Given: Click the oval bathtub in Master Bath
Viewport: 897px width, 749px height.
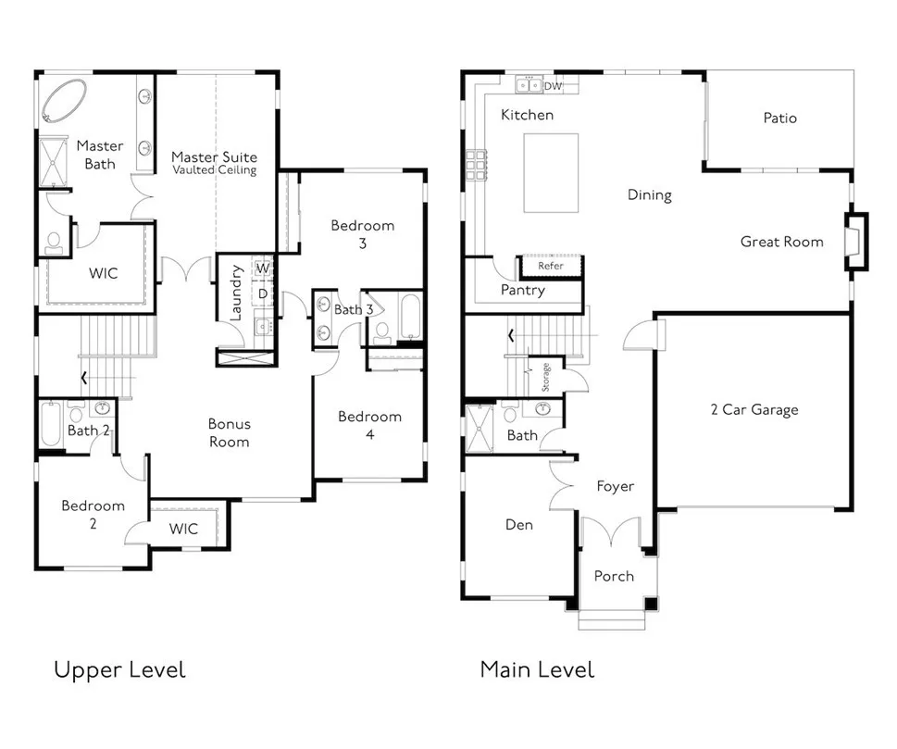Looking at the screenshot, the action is point(64,101).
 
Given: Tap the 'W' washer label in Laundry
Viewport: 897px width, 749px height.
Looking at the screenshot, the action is point(263,268).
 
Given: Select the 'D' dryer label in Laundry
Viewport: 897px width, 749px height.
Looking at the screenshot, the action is point(263,293).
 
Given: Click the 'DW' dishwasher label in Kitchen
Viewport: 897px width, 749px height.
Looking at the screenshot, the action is point(553,86).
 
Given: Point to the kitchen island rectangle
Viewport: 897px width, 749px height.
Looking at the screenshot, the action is point(551,173).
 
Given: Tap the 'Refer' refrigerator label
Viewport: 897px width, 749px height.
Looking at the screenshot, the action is point(551,266).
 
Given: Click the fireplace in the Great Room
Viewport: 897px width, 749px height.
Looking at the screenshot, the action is point(856,241).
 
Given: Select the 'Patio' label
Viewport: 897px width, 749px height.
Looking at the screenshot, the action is point(779,118).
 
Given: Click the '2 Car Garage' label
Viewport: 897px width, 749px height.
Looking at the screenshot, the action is point(754,409).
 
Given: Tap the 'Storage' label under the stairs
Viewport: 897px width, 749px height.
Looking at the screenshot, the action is point(545,377).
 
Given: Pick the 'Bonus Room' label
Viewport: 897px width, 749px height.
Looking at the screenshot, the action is point(229,432).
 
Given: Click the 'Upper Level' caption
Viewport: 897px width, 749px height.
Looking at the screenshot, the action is point(119,670).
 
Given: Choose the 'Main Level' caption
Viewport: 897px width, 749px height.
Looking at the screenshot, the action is point(537,669).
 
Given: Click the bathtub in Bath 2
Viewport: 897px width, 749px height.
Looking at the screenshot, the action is point(51,424).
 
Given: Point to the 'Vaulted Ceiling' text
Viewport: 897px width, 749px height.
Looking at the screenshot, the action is point(215,170).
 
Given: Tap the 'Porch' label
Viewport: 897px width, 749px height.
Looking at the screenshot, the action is point(614,576).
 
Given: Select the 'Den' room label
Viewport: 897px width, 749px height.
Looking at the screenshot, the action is point(519,525).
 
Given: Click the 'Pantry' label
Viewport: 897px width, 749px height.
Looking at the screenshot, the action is point(523,290).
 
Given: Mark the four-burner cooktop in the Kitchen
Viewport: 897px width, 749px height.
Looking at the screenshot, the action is point(476,165).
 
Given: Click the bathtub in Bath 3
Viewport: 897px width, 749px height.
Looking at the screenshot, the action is point(411,317).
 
